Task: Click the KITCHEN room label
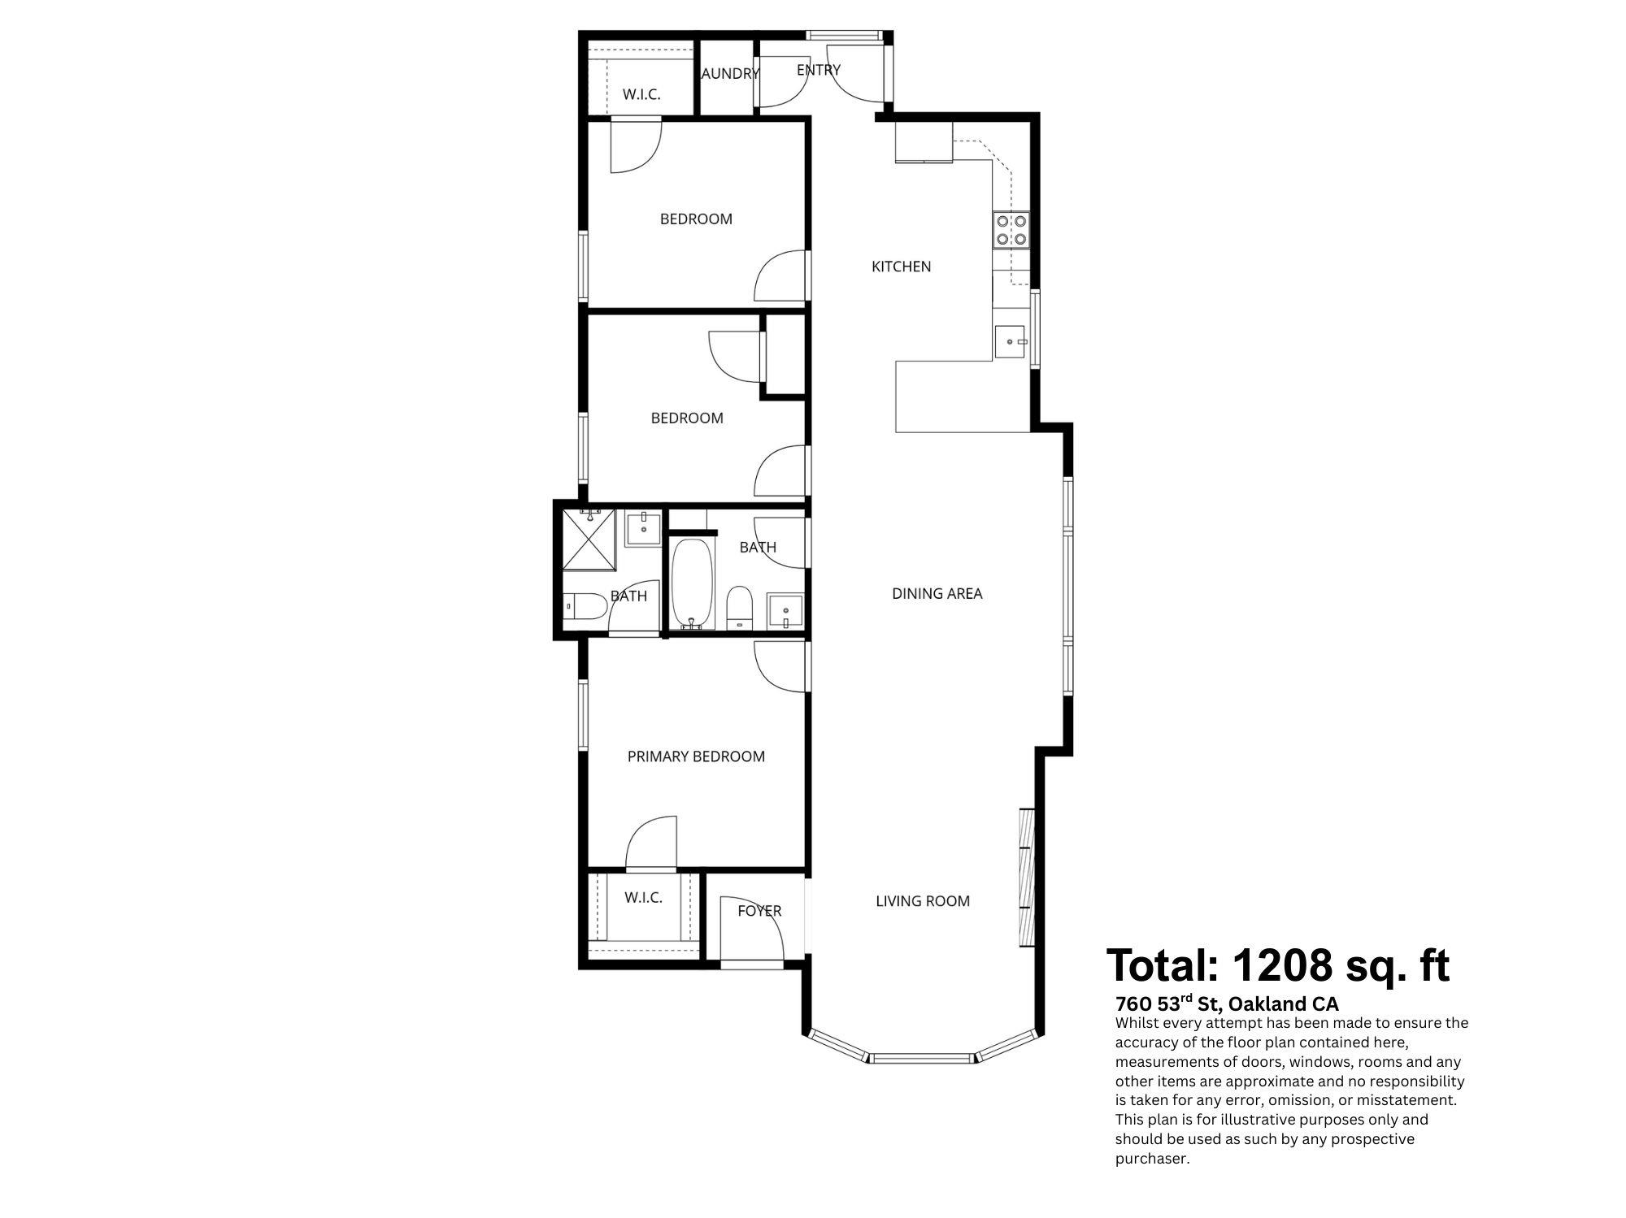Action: (x=901, y=267)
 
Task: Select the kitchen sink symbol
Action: (x=1009, y=342)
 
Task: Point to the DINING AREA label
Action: (x=937, y=594)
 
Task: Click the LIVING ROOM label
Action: (x=923, y=901)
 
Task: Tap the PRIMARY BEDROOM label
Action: (x=696, y=756)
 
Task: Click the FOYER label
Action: (x=759, y=911)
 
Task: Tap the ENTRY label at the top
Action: (x=818, y=70)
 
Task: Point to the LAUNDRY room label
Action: (x=729, y=74)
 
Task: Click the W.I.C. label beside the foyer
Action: (x=643, y=898)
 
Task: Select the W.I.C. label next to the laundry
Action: (x=641, y=94)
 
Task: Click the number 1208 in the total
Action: (x=1283, y=965)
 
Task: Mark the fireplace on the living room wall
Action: (x=1026, y=878)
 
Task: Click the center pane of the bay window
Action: (x=922, y=1058)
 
